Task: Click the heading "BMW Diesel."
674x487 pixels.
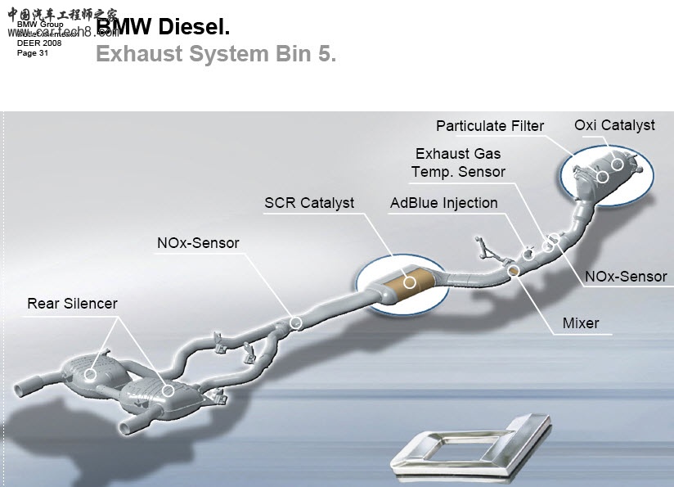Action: [164, 26]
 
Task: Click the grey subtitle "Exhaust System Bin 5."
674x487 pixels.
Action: [216, 54]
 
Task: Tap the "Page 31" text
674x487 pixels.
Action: [33, 53]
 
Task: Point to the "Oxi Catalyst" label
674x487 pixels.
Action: [614, 125]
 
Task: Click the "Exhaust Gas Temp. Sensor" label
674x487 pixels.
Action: [458, 162]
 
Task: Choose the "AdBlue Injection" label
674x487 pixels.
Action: [443, 203]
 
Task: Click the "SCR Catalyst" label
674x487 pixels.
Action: [309, 202]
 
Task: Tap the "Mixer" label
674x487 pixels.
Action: [581, 323]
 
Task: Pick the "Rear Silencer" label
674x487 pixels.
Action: [72, 304]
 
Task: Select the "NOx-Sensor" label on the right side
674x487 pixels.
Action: [626, 277]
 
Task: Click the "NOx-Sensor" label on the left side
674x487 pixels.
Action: [198, 243]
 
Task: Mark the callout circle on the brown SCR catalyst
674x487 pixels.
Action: [410, 282]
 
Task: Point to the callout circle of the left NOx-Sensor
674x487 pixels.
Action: [296, 323]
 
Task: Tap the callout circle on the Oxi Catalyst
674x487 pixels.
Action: [618, 165]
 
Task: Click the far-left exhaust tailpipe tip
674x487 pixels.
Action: [20, 386]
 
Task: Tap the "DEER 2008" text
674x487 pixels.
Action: [39, 43]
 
